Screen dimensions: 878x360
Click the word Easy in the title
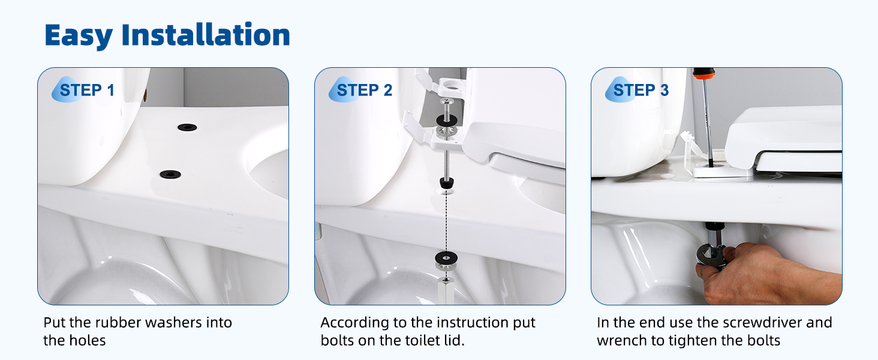[x=79, y=35]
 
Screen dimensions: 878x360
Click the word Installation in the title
[x=206, y=35]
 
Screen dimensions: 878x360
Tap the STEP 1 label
[x=86, y=90]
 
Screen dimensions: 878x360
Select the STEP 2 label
[x=364, y=90]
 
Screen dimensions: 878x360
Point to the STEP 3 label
[x=641, y=90]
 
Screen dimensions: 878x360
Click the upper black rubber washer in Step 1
[x=187, y=127]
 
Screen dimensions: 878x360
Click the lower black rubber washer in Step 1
[x=170, y=174]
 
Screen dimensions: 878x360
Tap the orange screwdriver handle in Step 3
[x=703, y=74]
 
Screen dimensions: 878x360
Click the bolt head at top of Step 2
[x=446, y=101]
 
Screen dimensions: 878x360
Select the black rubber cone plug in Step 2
[x=446, y=183]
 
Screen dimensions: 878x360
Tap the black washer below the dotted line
[x=446, y=257]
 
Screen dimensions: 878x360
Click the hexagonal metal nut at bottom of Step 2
[x=446, y=290]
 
